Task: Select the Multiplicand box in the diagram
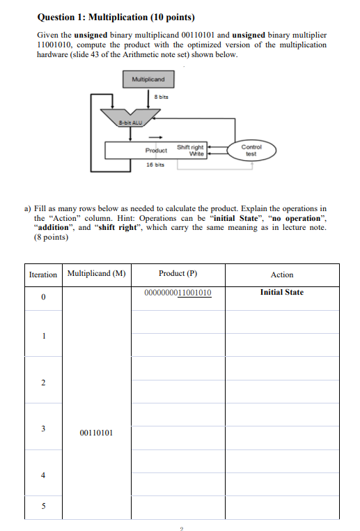[x=148, y=79]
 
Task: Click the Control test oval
[x=251, y=151]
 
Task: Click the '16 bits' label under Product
[x=155, y=166]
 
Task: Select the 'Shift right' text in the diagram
[x=190, y=146]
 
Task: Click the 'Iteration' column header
[x=43, y=275]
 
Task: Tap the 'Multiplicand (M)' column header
[x=96, y=273]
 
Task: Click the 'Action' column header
[x=281, y=275]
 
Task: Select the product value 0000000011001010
[x=178, y=293]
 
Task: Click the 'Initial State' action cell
[x=281, y=292]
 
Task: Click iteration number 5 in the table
[x=43, y=507]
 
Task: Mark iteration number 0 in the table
[x=43, y=298]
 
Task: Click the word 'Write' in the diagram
[x=197, y=153]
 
